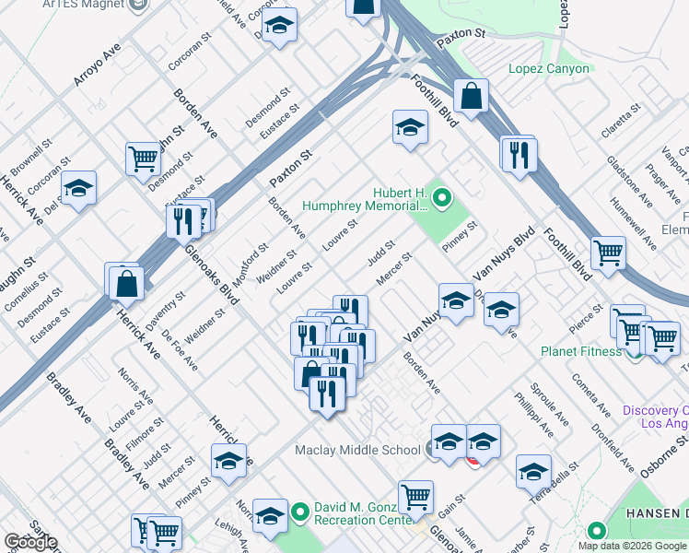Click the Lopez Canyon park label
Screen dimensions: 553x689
(548, 69)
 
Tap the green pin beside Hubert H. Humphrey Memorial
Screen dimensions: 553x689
(442, 196)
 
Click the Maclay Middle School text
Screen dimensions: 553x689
(356, 450)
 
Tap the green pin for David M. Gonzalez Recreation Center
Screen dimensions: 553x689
(299, 510)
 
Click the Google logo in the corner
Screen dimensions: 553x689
(29, 541)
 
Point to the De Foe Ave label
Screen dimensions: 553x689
(181, 350)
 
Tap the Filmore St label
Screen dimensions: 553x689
(146, 436)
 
